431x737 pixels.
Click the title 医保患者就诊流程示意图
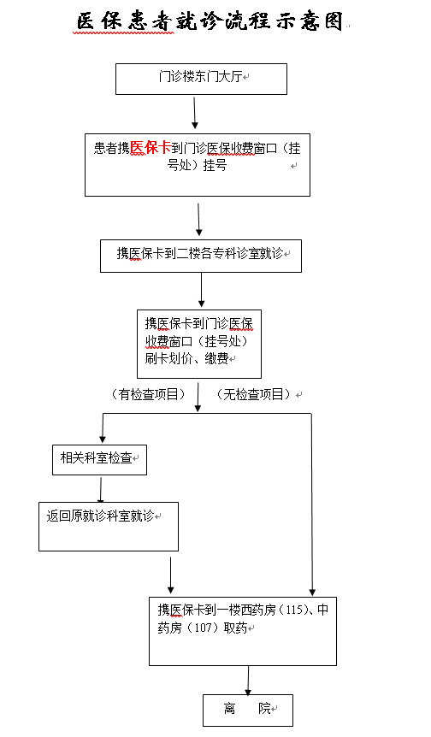tap(210, 21)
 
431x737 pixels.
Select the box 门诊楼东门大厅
tap(201, 79)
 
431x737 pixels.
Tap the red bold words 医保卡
tap(151, 148)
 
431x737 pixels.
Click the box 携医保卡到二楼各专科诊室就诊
tap(201, 256)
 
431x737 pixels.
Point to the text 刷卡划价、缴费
tap(186, 358)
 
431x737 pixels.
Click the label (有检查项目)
tap(149, 394)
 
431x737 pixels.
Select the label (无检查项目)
tap(253, 394)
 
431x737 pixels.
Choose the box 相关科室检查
tap(100, 460)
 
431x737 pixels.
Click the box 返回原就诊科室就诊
tap(109, 527)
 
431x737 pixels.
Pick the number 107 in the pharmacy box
tap(203, 628)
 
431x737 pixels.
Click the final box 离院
tap(248, 710)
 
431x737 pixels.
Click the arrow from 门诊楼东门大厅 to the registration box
tap(195, 113)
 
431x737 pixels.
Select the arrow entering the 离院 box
tap(248, 681)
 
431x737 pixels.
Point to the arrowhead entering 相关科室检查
tap(103, 439)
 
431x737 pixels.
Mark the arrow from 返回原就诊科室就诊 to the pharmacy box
tap(171, 575)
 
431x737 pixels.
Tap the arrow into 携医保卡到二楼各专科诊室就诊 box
tap(198, 220)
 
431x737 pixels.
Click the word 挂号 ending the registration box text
tap(215, 166)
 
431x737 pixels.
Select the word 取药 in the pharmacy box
tap(235, 628)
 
